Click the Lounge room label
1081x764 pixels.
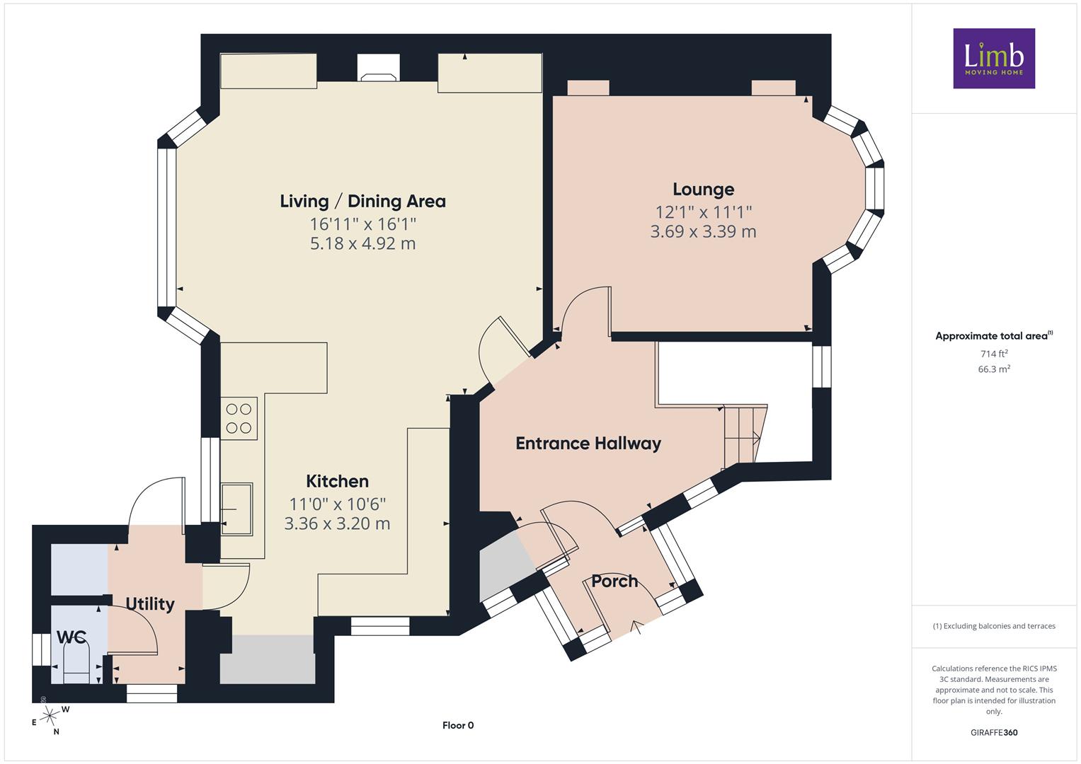click(703, 190)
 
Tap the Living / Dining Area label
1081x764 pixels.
click(363, 201)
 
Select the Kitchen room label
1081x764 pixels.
click(338, 481)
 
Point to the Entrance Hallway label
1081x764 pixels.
click(588, 444)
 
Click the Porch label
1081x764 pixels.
click(614, 581)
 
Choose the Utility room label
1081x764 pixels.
click(150, 604)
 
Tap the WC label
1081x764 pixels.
click(72, 637)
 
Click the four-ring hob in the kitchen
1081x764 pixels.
click(239, 418)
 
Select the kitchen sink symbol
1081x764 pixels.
click(237, 509)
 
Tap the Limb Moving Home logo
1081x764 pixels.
click(994, 58)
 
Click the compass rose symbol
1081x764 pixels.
click(50, 716)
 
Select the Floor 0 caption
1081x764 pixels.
click(458, 725)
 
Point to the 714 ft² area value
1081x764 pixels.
click(994, 354)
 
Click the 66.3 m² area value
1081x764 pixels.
click(994, 369)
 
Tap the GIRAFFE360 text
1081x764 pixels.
click(994, 733)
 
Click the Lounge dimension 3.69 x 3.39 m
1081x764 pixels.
click(703, 231)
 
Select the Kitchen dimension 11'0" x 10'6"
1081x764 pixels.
click(338, 504)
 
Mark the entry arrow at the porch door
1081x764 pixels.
click(638, 627)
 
